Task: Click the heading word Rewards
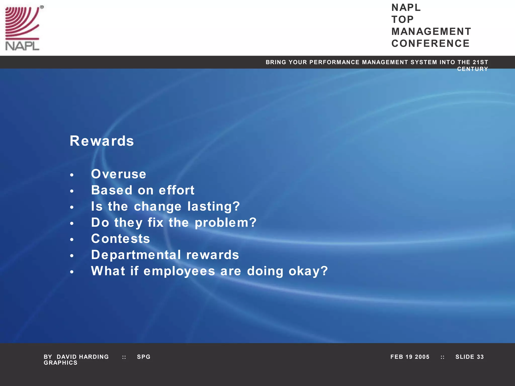(102, 141)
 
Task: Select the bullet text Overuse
(118, 174)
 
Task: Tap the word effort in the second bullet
(177, 190)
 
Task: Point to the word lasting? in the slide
(213, 207)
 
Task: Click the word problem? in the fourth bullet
(226, 223)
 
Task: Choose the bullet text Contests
(120, 239)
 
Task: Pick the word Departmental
(136, 255)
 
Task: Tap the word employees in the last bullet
(179, 271)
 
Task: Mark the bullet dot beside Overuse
(72, 175)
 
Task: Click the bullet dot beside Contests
(72, 240)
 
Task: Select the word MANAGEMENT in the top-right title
(431, 32)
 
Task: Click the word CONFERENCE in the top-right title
(431, 43)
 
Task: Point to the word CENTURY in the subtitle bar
(473, 69)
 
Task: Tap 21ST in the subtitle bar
(480, 62)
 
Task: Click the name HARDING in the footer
(94, 357)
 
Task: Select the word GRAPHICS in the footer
(61, 363)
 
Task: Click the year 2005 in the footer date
(422, 357)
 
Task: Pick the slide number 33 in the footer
(480, 357)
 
